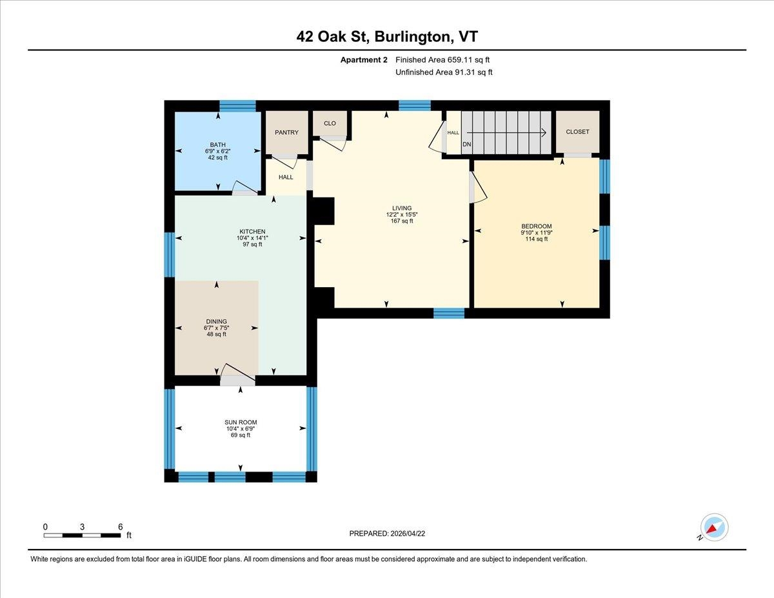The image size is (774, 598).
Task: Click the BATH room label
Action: (217, 145)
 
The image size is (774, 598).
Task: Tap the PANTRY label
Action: (286, 133)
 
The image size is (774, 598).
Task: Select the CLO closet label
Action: (330, 123)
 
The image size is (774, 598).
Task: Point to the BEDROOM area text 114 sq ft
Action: (536, 239)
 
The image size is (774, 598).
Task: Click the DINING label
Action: (216, 321)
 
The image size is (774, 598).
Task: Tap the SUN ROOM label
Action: (241, 423)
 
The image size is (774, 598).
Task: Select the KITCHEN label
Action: (252, 232)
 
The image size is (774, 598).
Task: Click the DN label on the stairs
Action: (467, 144)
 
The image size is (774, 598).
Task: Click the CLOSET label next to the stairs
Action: (577, 132)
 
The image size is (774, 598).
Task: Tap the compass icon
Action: (714, 527)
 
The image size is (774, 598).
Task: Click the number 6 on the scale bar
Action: (121, 526)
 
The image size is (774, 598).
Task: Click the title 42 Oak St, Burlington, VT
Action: (387, 37)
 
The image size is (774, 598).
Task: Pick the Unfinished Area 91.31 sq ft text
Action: (444, 72)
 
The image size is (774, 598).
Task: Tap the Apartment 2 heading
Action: (364, 60)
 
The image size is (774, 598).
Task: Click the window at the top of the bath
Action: (237, 106)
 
